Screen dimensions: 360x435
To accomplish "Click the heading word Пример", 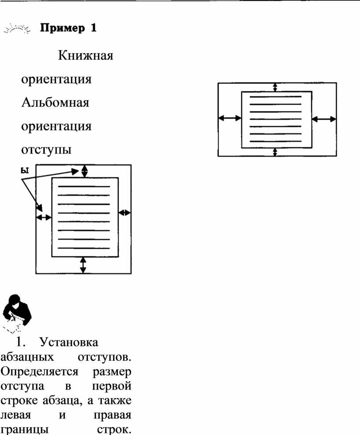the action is [x=62, y=28].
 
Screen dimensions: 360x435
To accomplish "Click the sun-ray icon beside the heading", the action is [x=17, y=29].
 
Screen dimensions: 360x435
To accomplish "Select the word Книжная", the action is [x=86, y=55].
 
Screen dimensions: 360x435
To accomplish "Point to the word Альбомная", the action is [x=55, y=102].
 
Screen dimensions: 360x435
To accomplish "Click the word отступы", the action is [x=46, y=150].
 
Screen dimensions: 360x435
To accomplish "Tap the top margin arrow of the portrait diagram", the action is [x=84, y=171].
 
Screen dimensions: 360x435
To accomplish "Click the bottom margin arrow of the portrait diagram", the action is [x=83, y=265].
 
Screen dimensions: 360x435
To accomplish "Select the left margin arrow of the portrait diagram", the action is [x=44, y=217].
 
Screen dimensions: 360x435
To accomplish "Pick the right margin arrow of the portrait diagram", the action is [x=124, y=213].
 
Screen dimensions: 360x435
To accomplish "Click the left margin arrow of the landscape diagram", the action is [x=230, y=118].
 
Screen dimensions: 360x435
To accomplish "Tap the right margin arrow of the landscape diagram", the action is [x=324, y=119].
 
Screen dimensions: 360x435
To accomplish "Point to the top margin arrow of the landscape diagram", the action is [x=275, y=87].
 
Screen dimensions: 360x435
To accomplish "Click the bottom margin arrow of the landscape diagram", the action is [x=275, y=152].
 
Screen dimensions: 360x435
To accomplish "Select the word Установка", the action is [x=69, y=342].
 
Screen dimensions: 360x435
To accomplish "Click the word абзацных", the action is [x=27, y=357].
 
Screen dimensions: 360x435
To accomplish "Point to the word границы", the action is [x=25, y=430].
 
